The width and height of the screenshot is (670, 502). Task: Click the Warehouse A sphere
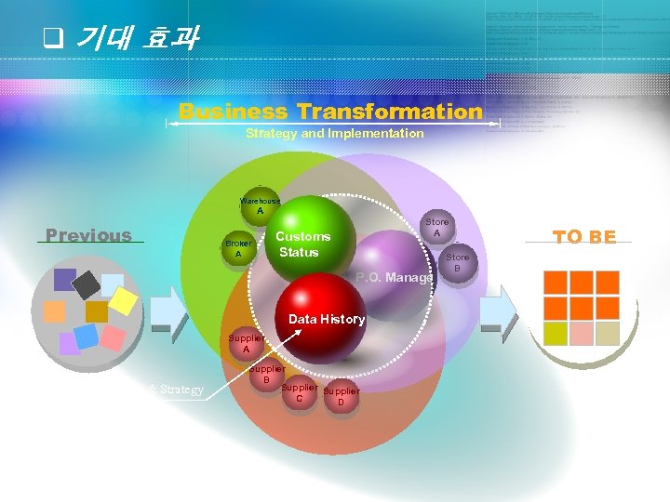coord(260,205)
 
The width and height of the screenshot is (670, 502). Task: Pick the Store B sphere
coord(457,262)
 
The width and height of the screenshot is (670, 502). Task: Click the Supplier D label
coord(341,397)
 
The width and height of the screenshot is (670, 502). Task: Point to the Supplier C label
coord(299,393)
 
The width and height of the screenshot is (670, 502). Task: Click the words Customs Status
coord(302,244)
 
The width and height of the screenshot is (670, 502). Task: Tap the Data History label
coord(327,319)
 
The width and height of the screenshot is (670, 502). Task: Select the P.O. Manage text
coord(395,277)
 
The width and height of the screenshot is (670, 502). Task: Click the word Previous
coord(89,235)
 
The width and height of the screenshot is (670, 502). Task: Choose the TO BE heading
coord(584,237)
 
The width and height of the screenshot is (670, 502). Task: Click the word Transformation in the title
coord(390,112)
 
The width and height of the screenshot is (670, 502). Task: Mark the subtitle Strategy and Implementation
coord(334,134)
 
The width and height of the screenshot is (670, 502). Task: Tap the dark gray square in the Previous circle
coord(87,284)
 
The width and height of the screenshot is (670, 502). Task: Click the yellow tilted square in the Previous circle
coord(123,299)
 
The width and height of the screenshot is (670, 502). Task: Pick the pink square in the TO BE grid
coord(582,333)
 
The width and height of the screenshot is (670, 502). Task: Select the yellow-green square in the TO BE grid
coord(556,333)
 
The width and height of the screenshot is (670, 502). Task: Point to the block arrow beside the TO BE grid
coord(499,310)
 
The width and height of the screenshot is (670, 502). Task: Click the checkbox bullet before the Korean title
coord(53,39)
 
